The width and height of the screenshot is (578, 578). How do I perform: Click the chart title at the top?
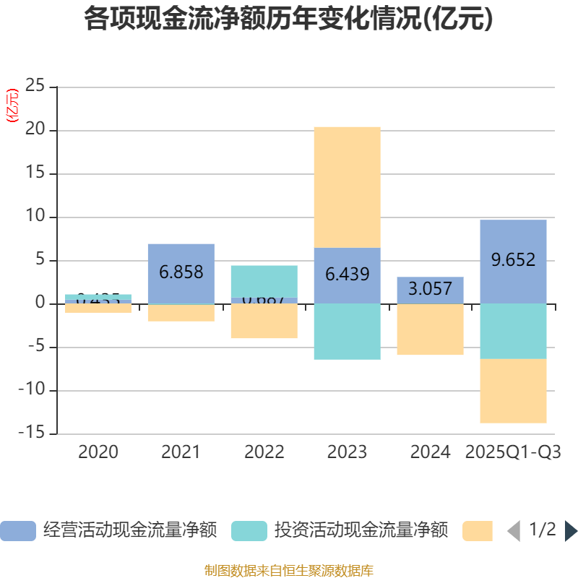(288, 19)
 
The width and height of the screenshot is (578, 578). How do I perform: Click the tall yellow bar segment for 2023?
(347, 187)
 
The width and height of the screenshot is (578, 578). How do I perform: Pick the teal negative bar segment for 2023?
(347, 332)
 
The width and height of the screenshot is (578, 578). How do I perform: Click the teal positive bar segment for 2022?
(264, 281)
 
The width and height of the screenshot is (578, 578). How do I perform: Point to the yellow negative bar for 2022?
(264, 322)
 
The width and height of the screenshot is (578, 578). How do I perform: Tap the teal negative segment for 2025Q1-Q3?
(513, 332)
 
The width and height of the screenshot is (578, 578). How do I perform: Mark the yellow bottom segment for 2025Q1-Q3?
(513, 391)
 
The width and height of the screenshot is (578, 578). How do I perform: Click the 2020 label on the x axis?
(98, 452)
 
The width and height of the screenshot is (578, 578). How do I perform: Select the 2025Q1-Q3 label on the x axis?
(513, 452)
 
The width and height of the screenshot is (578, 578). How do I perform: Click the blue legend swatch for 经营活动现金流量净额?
(18, 531)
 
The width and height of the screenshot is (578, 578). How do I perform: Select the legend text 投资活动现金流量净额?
(361, 531)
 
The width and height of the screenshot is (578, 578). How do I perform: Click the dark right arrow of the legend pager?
(571, 531)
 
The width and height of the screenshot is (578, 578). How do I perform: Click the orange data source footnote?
(288, 570)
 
